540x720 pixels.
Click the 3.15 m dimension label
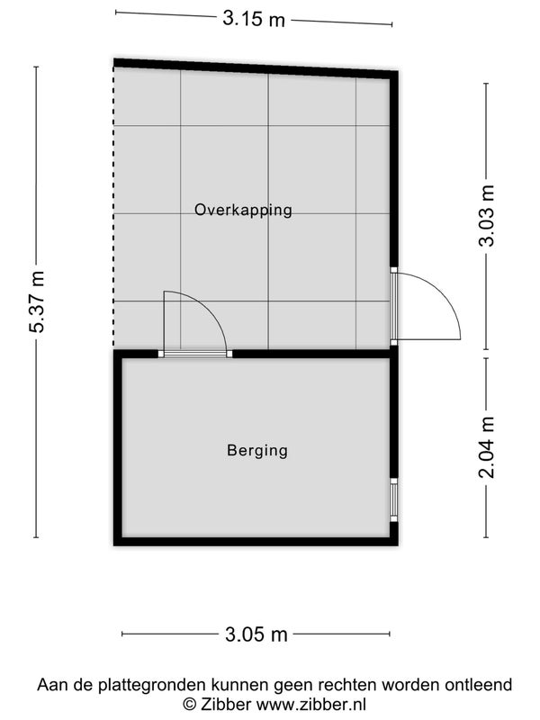click(x=254, y=19)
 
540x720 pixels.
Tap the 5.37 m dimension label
click(x=37, y=301)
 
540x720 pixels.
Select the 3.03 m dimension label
click(x=487, y=216)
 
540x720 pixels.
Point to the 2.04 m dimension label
click(x=487, y=447)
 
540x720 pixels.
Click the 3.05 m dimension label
click(x=256, y=634)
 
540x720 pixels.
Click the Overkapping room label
click(x=243, y=210)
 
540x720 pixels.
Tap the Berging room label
click(x=257, y=450)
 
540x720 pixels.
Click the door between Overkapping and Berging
click(x=194, y=324)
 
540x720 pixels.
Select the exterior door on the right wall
click(x=425, y=306)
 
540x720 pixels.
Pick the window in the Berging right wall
click(x=393, y=499)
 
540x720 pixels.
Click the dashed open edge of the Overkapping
click(x=113, y=207)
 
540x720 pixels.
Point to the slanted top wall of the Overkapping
click(x=256, y=68)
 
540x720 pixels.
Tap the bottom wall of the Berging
click(x=256, y=542)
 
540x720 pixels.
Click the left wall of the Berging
click(x=118, y=447)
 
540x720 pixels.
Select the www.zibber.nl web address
click(x=310, y=704)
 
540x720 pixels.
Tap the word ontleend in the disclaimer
click(x=478, y=685)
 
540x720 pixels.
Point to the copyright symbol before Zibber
click(x=189, y=704)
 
